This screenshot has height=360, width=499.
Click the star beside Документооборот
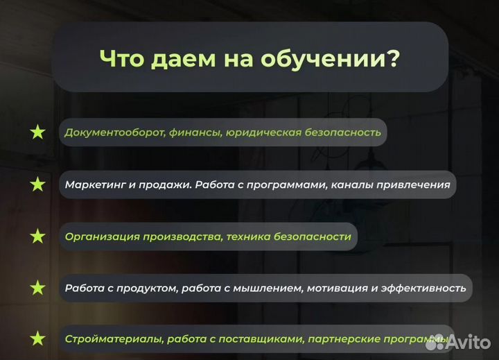(37, 132)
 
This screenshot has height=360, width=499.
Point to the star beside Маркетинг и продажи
(37, 185)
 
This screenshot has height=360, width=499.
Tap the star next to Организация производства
(37, 237)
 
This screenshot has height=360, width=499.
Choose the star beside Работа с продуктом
(37, 287)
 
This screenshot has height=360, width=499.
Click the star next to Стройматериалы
(37, 339)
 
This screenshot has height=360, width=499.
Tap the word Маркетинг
(94, 185)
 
